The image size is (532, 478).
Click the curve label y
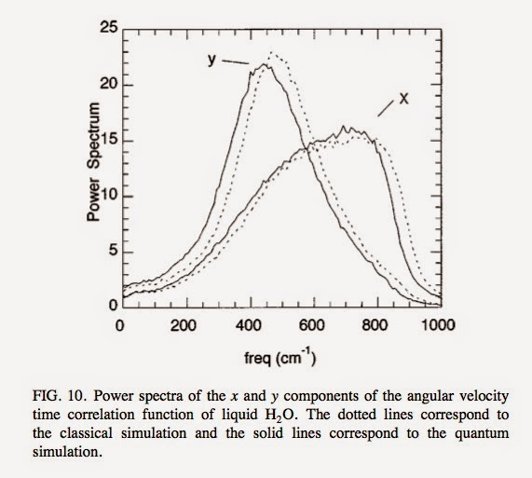pyautogui.click(x=212, y=60)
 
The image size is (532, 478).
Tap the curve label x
pyautogui.click(x=402, y=100)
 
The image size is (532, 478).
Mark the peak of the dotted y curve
pyautogui.click(x=271, y=53)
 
